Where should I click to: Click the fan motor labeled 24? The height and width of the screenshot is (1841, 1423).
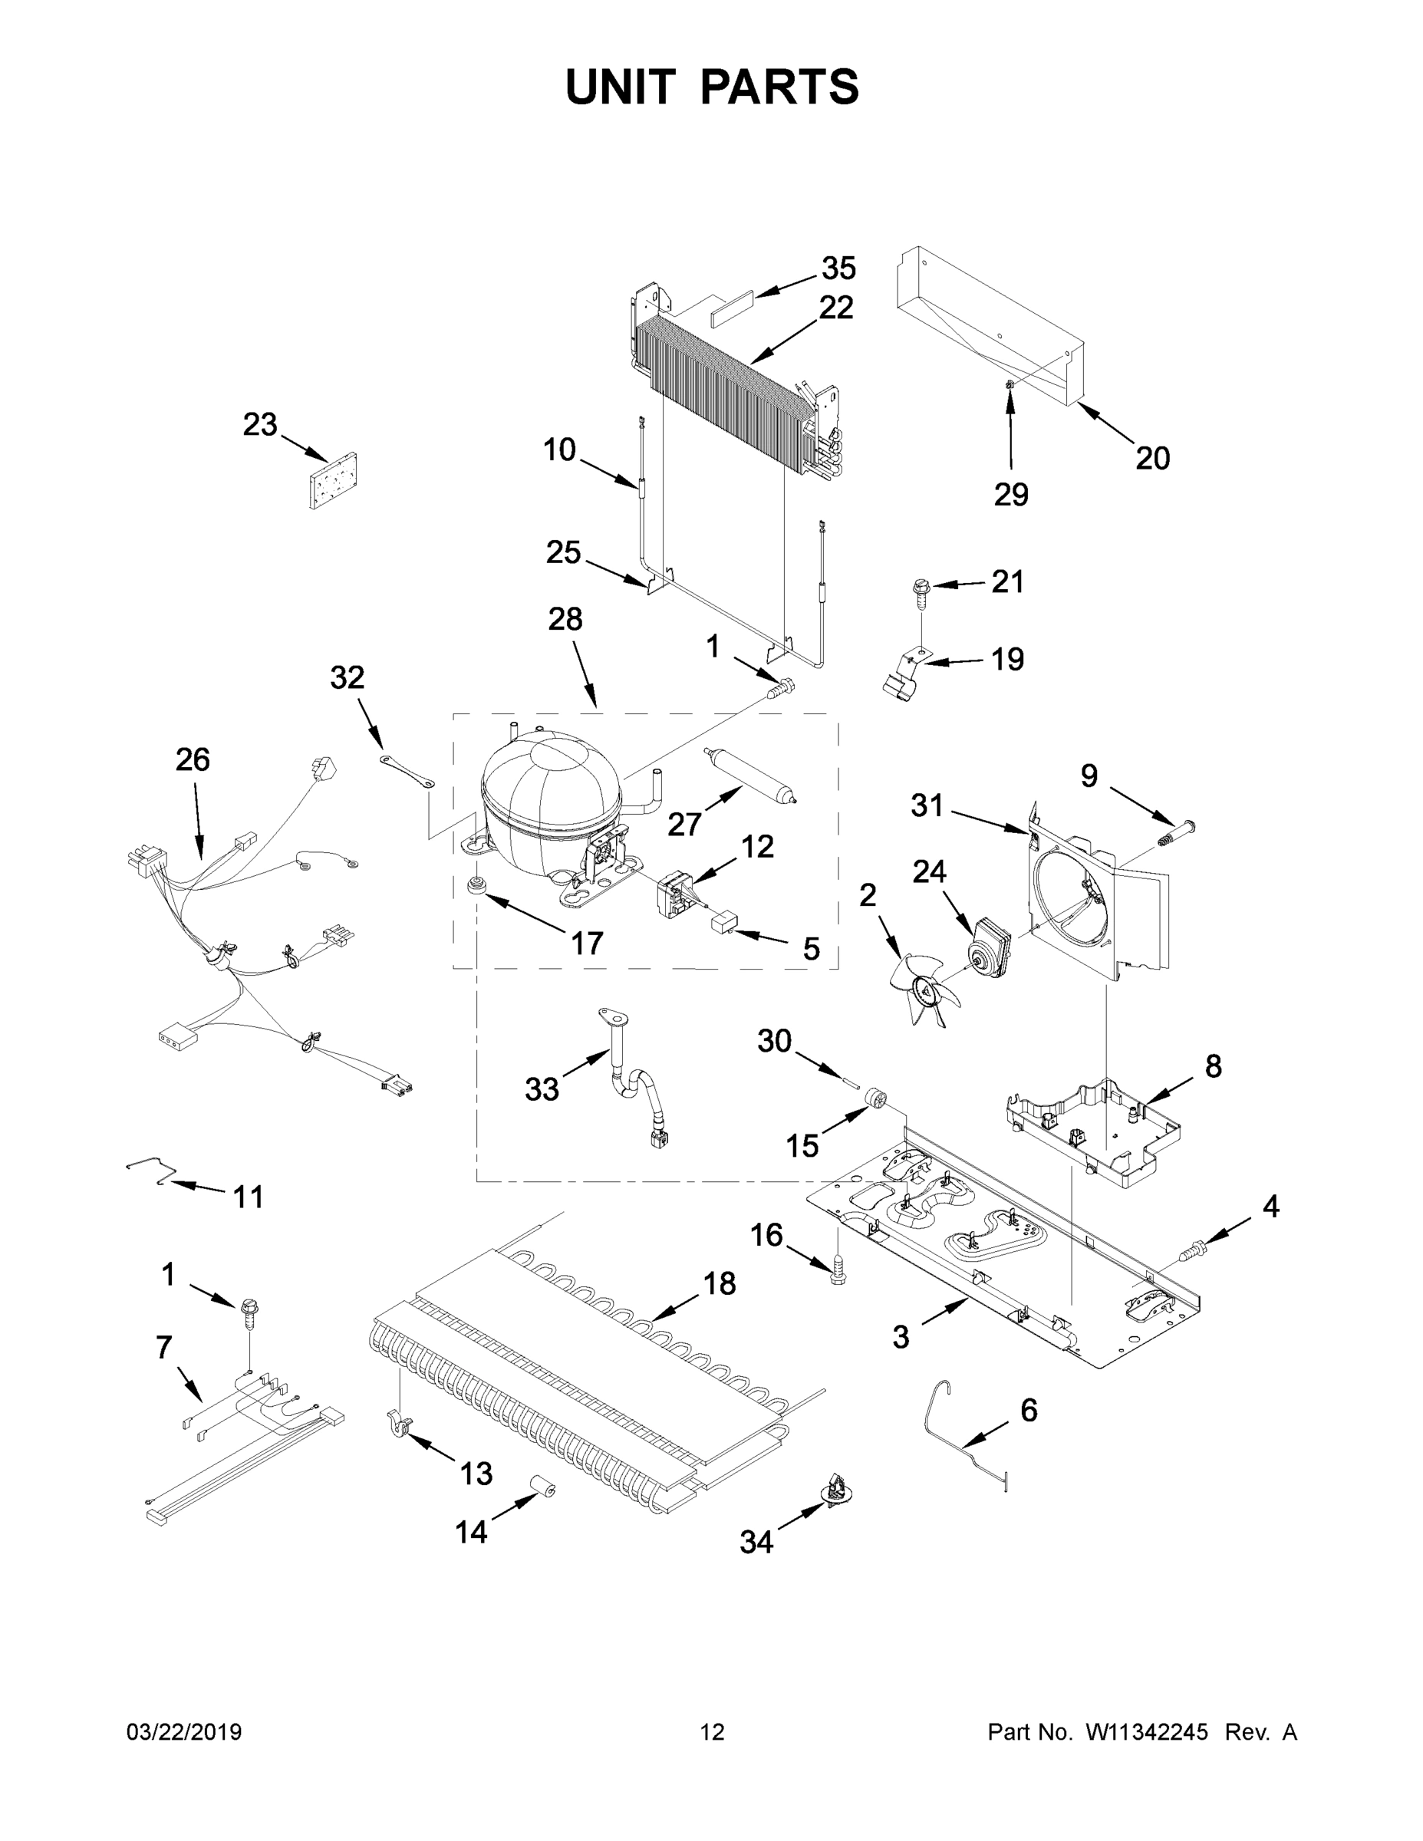click(x=993, y=949)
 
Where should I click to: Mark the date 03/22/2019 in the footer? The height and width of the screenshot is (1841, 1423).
click(x=184, y=1731)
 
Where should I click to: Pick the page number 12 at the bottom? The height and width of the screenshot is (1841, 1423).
click(x=712, y=1731)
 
